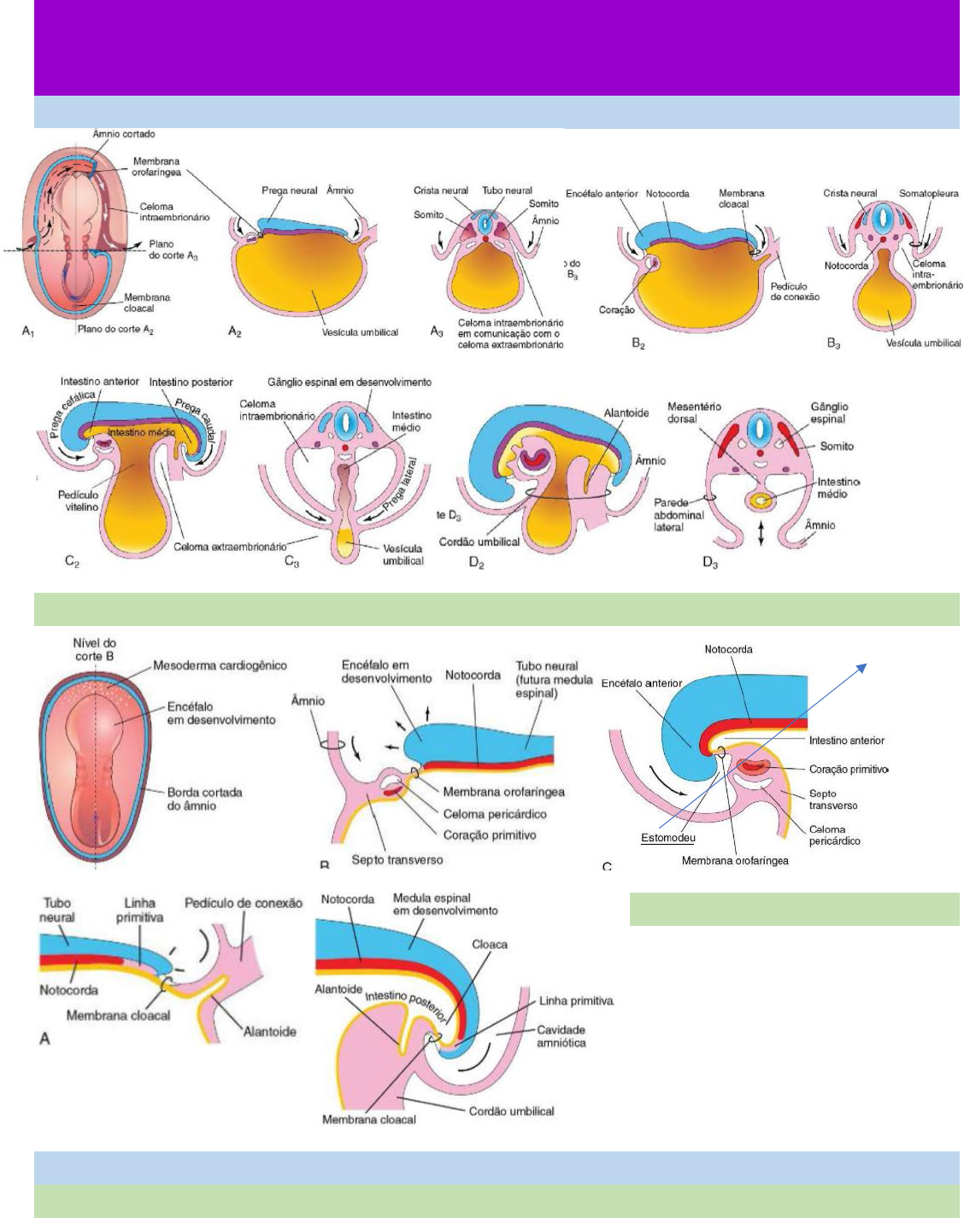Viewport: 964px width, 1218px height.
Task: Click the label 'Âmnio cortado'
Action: [123, 134]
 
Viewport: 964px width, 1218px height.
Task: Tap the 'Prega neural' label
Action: [289, 190]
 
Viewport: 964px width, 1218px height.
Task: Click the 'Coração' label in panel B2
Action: [616, 310]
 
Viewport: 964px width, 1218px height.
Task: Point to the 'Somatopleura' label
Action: [928, 194]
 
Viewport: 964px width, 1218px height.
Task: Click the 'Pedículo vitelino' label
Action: [78, 501]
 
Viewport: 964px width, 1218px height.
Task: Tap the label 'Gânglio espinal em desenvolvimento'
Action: [349, 383]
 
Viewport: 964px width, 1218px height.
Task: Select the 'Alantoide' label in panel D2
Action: [626, 413]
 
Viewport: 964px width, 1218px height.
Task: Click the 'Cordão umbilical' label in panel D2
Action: [479, 542]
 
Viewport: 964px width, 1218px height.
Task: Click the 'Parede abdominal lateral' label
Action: [679, 515]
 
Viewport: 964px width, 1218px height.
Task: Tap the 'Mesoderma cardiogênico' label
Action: [220, 665]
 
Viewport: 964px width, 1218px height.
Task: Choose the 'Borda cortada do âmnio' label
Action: [204, 799]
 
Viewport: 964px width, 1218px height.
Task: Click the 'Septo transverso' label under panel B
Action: [397, 859]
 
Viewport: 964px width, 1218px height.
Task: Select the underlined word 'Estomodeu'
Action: [667, 838]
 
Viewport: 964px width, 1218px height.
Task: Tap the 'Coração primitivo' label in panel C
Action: [848, 770]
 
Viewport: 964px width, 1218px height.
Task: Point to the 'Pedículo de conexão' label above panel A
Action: [244, 903]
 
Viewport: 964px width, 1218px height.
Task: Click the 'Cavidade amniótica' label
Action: [561, 1036]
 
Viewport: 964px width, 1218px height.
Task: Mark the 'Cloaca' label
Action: [489, 945]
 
